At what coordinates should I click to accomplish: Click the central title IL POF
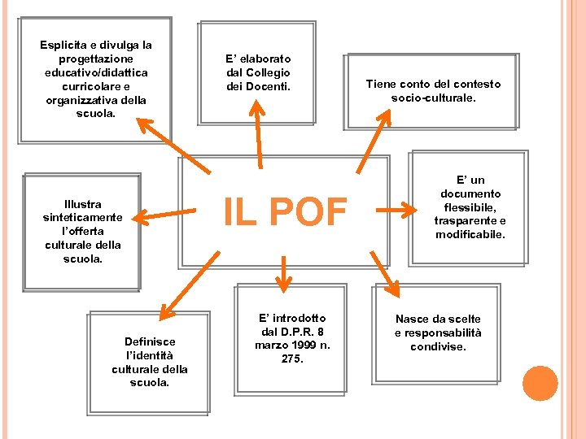pos(285,213)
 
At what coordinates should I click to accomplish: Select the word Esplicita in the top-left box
pos(65,46)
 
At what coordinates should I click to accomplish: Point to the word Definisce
pos(149,342)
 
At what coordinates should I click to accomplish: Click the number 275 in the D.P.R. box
pos(291,359)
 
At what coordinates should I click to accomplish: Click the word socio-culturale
pos(433,98)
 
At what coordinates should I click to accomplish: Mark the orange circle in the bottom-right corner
pos(540,384)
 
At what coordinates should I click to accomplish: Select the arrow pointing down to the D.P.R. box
pos(283,272)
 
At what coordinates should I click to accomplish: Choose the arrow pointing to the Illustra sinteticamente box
pos(163,215)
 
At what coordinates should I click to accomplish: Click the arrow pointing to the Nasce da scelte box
pos(384,274)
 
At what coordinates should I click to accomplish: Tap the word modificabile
pos(470,234)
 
